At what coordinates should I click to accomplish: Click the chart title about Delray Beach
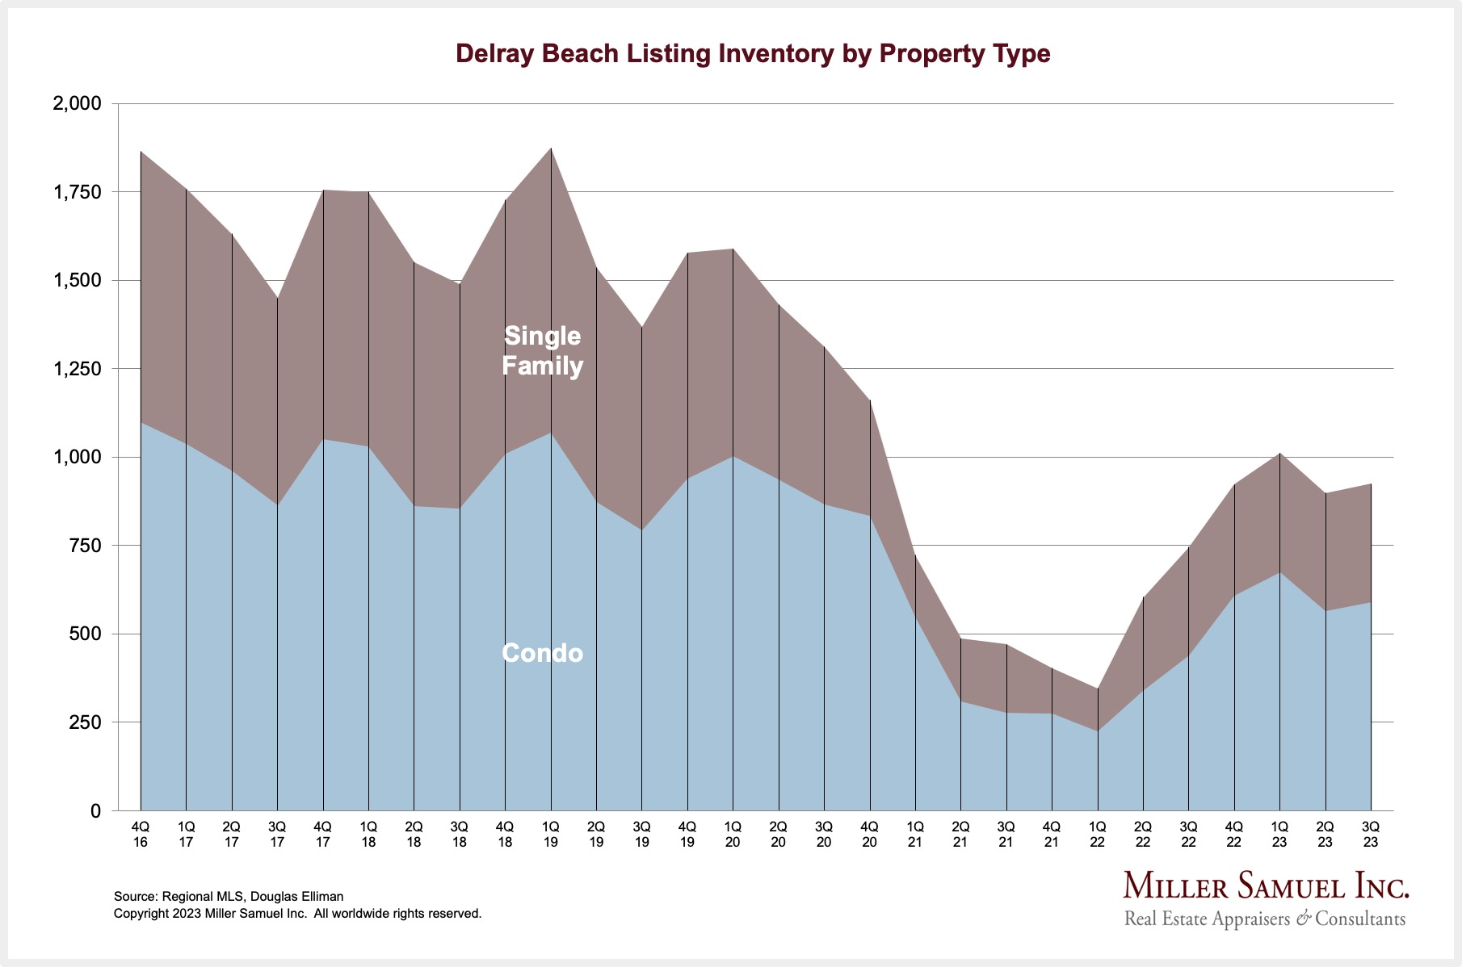click(753, 53)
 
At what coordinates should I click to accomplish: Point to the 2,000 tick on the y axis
click(77, 103)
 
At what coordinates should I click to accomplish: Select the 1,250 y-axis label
click(77, 369)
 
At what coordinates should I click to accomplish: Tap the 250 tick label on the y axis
click(85, 722)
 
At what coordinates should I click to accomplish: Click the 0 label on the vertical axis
click(95, 810)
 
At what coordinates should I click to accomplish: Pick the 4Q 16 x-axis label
click(141, 834)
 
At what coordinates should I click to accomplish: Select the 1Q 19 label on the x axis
click(551, 834)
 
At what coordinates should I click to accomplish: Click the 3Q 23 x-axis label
click(1370, 834)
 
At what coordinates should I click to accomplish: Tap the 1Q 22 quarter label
click(1097, 834)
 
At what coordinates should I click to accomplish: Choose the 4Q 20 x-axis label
click(870, 834)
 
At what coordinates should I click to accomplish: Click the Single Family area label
click(542, 350)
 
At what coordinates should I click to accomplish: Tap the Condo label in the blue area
click(542, 652)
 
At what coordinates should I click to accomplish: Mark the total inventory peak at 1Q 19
click(551, 149)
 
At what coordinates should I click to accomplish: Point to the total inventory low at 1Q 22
click(1097, 689)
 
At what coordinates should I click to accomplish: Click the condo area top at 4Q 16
click(141, 422)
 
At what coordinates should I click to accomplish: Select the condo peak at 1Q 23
click(1279, 572)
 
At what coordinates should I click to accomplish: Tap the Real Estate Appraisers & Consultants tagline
click(1265, 919)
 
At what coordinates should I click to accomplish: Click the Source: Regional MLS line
click(229, 896)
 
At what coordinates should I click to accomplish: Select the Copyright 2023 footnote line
click(297, 914)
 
